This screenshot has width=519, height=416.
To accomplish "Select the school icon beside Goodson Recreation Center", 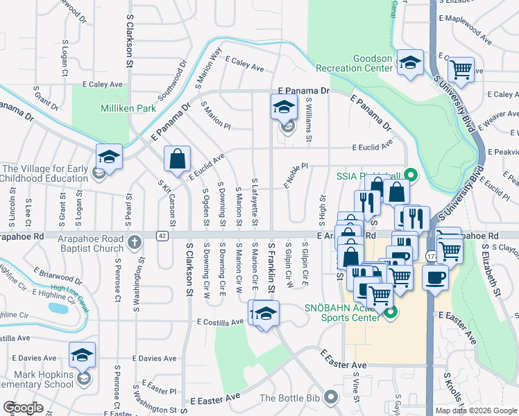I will click(410, 63).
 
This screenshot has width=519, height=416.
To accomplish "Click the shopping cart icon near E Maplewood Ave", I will click(460, 69).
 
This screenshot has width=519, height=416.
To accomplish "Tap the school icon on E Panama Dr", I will click(283, 107).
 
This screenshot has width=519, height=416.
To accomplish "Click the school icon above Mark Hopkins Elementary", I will click(82, 356).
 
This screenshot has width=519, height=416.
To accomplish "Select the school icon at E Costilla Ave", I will click(264, 313).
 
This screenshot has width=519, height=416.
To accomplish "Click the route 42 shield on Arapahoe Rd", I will click(162, 236).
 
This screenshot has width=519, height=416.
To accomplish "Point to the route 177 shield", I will click(432, 256).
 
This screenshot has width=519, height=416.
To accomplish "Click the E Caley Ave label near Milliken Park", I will click(102, 84).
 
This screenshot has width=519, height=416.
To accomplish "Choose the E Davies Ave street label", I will click(153, 358).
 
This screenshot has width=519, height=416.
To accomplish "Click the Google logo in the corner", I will click(23, 408).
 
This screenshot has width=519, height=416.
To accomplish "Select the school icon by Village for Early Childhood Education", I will click(109, 157).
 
